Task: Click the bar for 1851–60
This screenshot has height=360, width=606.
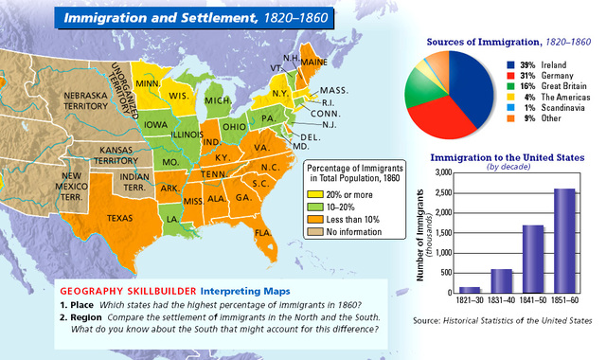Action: (565, 242)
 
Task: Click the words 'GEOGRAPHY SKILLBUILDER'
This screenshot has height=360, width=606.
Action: (115, 290)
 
